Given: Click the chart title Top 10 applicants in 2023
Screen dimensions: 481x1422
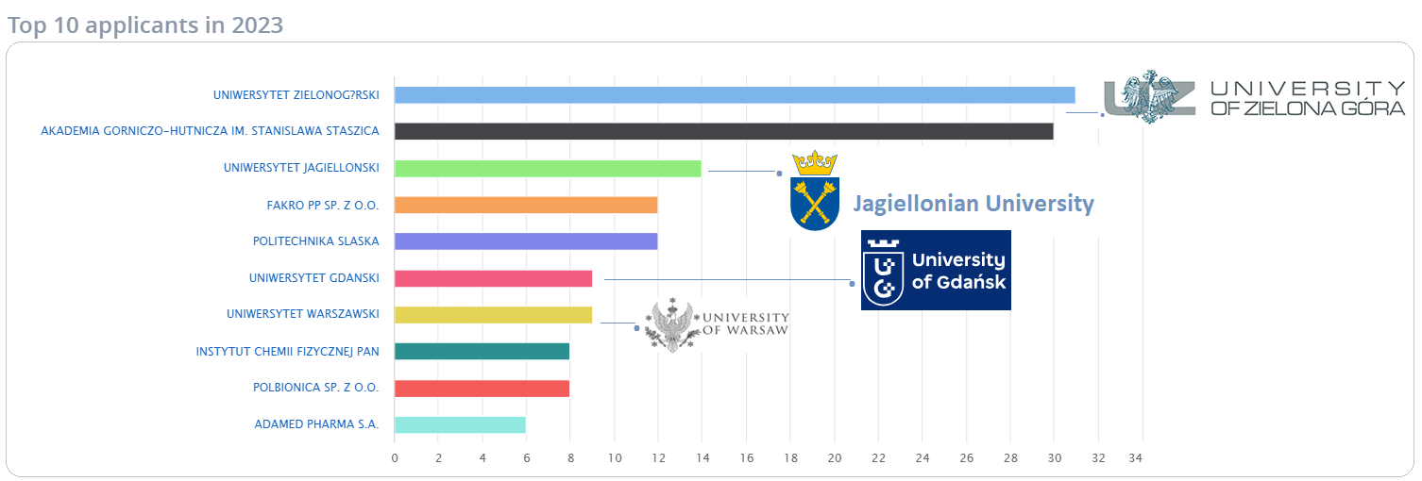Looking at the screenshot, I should (x=145, y=25).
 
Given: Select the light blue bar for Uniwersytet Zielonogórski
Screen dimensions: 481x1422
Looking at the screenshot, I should (x=734, y=94).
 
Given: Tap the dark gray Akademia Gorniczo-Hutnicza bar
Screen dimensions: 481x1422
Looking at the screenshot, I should (x=723, y=131).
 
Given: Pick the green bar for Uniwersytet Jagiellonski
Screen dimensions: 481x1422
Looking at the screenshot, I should (x=548, y=168).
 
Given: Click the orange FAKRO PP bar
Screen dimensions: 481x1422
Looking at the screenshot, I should (x=525, y=205).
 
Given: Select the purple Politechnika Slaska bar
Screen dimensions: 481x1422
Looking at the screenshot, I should (x=525, y=241).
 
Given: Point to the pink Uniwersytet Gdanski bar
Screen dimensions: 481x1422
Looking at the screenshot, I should (x=493, y=278).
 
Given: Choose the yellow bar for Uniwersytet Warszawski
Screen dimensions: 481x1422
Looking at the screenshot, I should (x=493, y=315).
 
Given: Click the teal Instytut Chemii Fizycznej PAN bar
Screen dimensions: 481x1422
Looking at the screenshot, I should (x=482, y=352).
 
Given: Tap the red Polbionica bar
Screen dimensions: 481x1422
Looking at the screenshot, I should (x=482, y=389).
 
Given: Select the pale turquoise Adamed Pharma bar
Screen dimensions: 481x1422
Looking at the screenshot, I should (x=460, y=425).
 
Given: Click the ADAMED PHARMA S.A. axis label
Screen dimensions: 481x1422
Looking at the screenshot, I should (x=316, y=424).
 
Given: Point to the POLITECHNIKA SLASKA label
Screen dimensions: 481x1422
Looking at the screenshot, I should (x=315, y=241).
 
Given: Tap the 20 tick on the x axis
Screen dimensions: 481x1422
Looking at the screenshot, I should (x=835, y=458).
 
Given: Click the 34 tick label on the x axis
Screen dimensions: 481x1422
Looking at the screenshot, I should (x=1143, y=458).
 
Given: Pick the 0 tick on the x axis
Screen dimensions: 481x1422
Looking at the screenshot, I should (x=395, y=458).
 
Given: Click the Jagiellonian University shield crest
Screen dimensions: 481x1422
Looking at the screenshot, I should (x=814, y=191).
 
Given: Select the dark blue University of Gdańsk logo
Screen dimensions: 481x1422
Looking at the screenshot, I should (x=936, y=270).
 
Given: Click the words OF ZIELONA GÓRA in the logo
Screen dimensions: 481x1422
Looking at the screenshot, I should (x=1307, y=108).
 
